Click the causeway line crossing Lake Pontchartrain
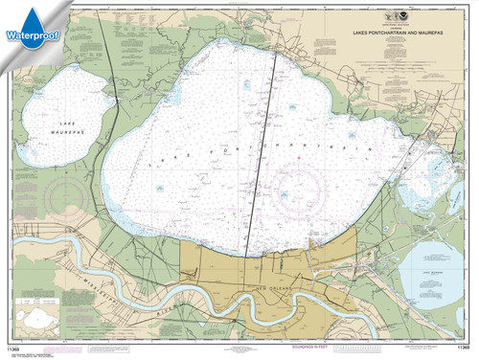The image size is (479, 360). (x=262, y=153)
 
